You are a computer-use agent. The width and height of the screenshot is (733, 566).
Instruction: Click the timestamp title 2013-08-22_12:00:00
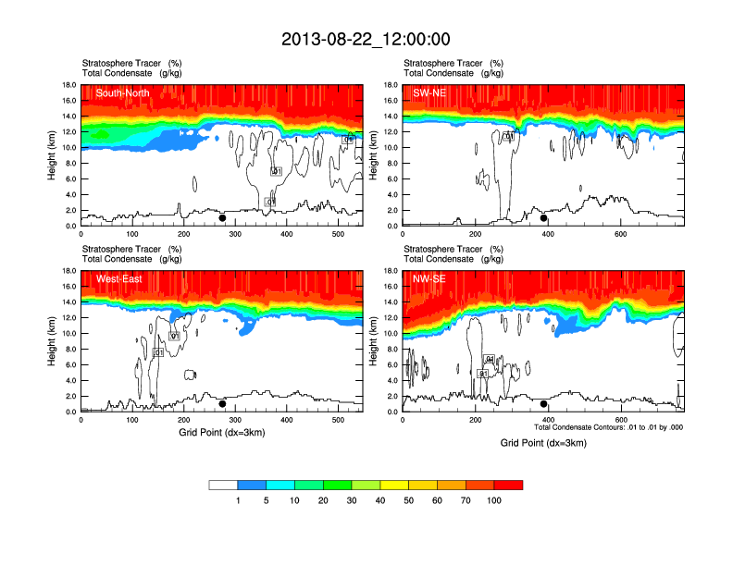click(x=366, y=39)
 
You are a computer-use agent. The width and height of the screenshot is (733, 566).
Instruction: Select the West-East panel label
click(x=118, y=278)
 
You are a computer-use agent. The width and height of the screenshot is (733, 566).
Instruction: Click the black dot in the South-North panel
click(x=222, y=218)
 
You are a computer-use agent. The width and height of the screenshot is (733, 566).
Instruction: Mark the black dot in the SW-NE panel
click(x=544, y=218)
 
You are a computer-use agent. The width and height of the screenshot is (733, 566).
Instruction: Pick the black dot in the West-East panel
click(x=222, y=404)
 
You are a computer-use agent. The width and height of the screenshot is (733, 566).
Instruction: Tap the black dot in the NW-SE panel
click(x=544, y=404)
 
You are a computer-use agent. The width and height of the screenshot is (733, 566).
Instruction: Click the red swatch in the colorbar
click(x=508, y=485)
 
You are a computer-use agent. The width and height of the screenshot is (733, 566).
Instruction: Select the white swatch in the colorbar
click(x=223, y=485)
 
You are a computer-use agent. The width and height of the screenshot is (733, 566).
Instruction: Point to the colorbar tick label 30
click(x=352, y=500)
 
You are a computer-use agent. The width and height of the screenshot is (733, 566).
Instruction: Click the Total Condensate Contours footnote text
click(x=608, y=427)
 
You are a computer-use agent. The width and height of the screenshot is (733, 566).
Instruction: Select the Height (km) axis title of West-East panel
click(x=53, y=341)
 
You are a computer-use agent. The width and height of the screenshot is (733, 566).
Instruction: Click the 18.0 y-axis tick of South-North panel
click(x=68, y=85)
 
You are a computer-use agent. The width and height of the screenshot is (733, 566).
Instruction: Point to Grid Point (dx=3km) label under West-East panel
click(x=222, y=432)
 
